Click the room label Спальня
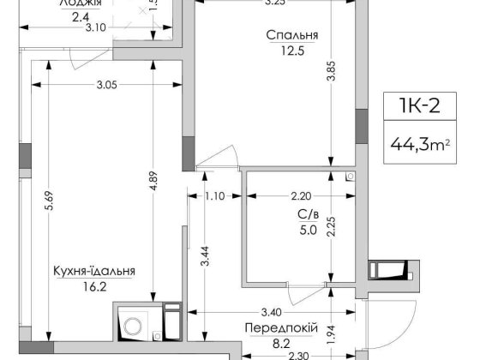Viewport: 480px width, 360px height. click(292, 36)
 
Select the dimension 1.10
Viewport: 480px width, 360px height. click(214, 196)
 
